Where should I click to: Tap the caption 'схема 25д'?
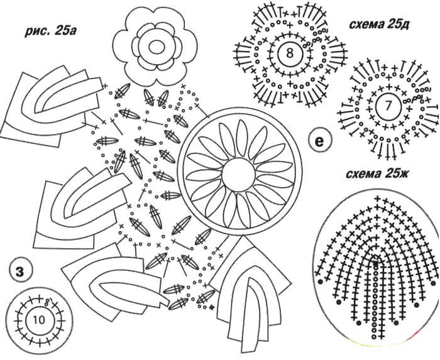380,25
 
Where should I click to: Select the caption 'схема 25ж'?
377,175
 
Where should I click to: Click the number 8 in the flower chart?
290,53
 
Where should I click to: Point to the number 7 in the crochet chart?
388,106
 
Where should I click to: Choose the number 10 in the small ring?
38,319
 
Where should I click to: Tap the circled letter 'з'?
19,271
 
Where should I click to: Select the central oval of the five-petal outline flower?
157,47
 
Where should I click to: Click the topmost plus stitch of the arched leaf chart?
378,199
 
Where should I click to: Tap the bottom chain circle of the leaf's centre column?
374,337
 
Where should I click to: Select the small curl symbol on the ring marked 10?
47,302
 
